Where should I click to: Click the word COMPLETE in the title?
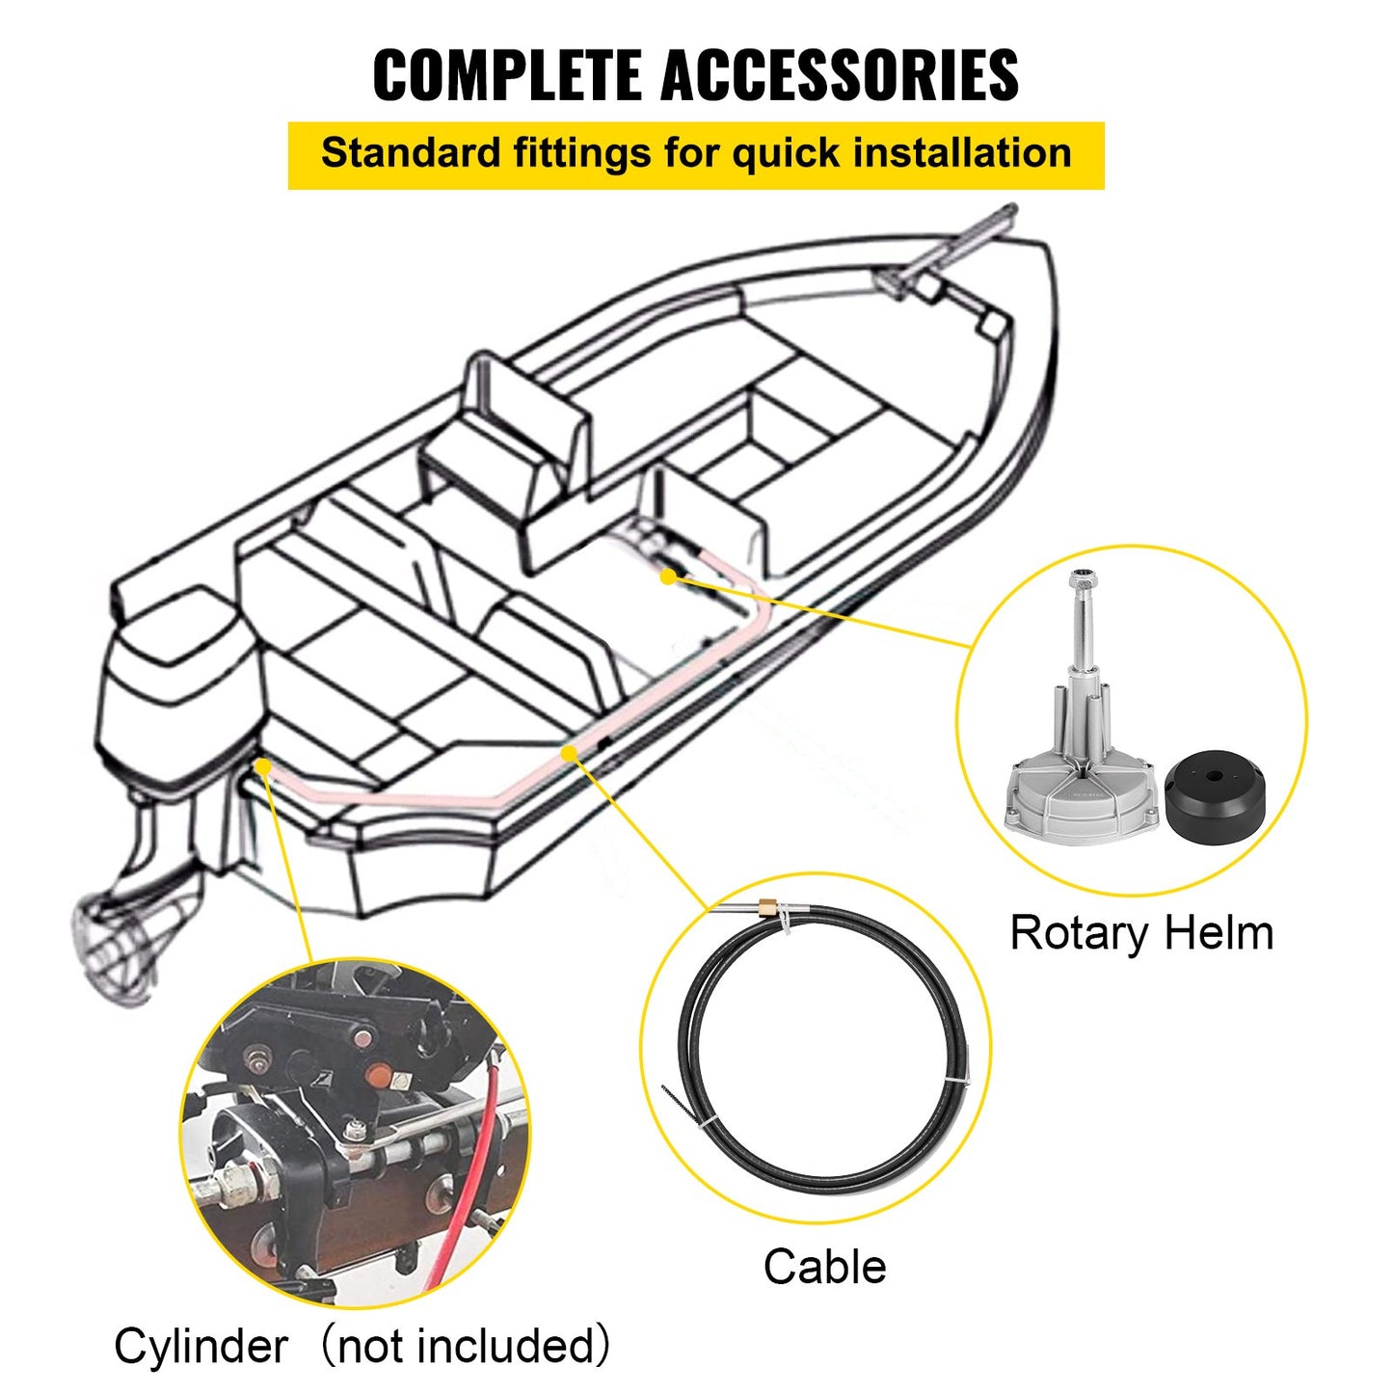(508, 75)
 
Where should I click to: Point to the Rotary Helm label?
(1140, 933)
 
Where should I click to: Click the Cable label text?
(824, 1267)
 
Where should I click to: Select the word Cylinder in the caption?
(201, 1346)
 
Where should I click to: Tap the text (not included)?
(465, 1346)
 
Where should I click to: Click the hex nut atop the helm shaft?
(1084, 582)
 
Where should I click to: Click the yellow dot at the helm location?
(668, 576)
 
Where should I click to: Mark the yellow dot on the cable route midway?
(569, 752)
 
